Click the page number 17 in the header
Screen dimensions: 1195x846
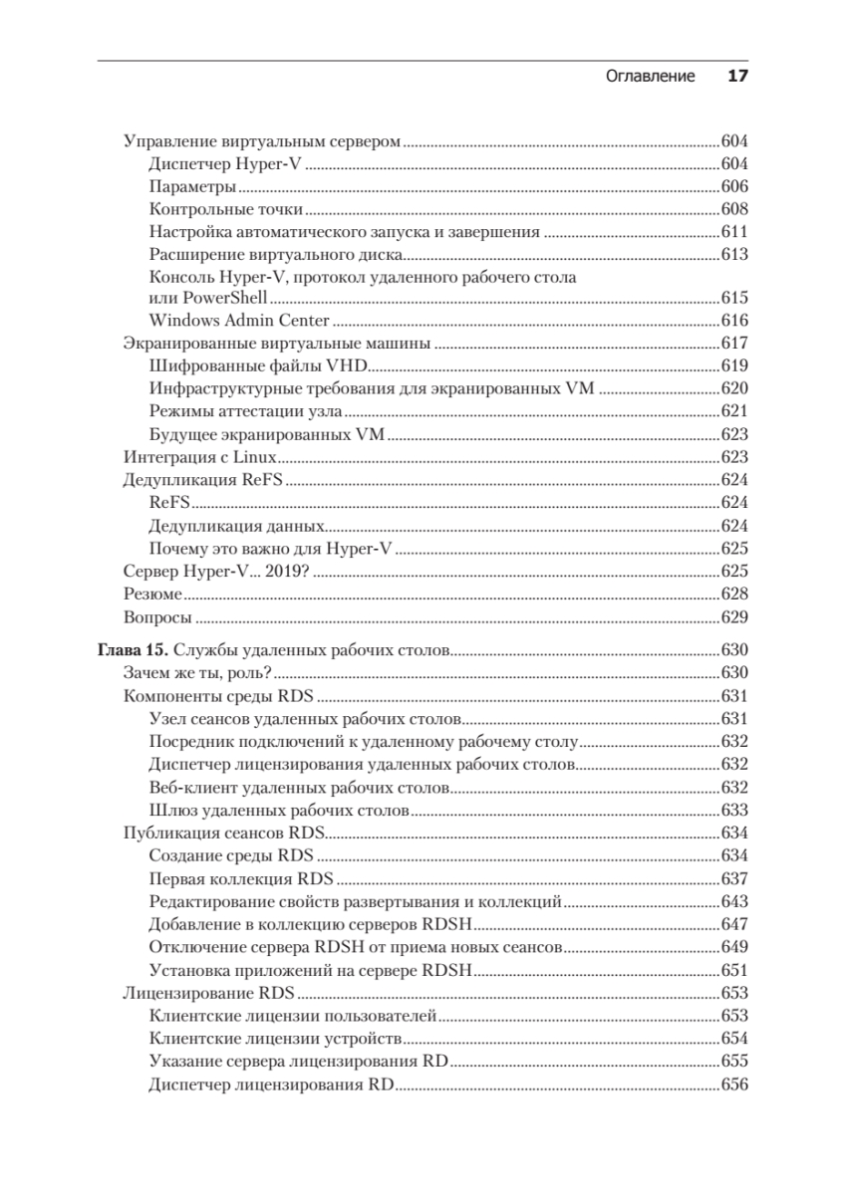pos(737,77)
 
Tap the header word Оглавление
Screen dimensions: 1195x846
pos(651,77)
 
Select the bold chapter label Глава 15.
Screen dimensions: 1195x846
pos(133,650)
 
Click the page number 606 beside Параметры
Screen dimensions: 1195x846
pos(733,187)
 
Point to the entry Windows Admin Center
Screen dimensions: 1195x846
pos(239,321)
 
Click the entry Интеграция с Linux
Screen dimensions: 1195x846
pos(199,457)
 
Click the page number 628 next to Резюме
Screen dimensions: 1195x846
pos(733,594)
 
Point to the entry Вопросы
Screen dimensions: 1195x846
pos(157,616)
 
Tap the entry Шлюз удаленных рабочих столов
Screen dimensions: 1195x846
pos(279,810)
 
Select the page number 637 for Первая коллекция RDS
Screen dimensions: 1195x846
pos(733,878)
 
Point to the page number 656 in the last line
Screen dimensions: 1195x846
pos(733,1083)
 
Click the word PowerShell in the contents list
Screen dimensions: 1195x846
pos(208,298)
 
